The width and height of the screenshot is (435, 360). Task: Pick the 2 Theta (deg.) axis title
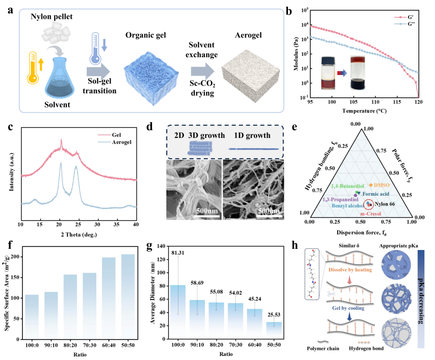(79, 234)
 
